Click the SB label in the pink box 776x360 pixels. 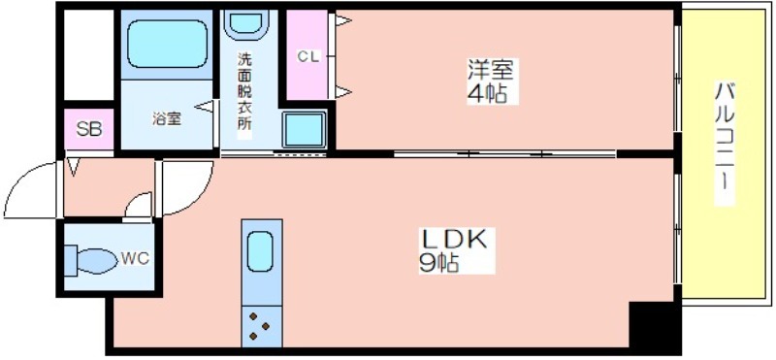(x=89, y=129)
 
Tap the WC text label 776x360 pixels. (x=135, y=258)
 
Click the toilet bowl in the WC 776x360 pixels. (x=96, y=260)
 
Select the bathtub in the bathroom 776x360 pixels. (x=167, y=44)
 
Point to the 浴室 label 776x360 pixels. (x=166, y=118)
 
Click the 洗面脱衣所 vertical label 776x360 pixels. (x=244, y=91)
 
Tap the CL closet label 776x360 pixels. (x=308, y=57)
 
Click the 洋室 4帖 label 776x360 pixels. (x=492, y=81)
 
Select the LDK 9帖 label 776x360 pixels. (x=453, y=250)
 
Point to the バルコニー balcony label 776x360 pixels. (x=724, y=144)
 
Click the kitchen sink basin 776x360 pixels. (x=260, y=252)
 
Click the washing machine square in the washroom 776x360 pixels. (x=305, y=129)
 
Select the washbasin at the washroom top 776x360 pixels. (x=243, y=23)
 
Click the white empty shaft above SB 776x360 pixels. (x=89, y=55)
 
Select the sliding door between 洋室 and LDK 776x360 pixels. (x=504, y=154)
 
